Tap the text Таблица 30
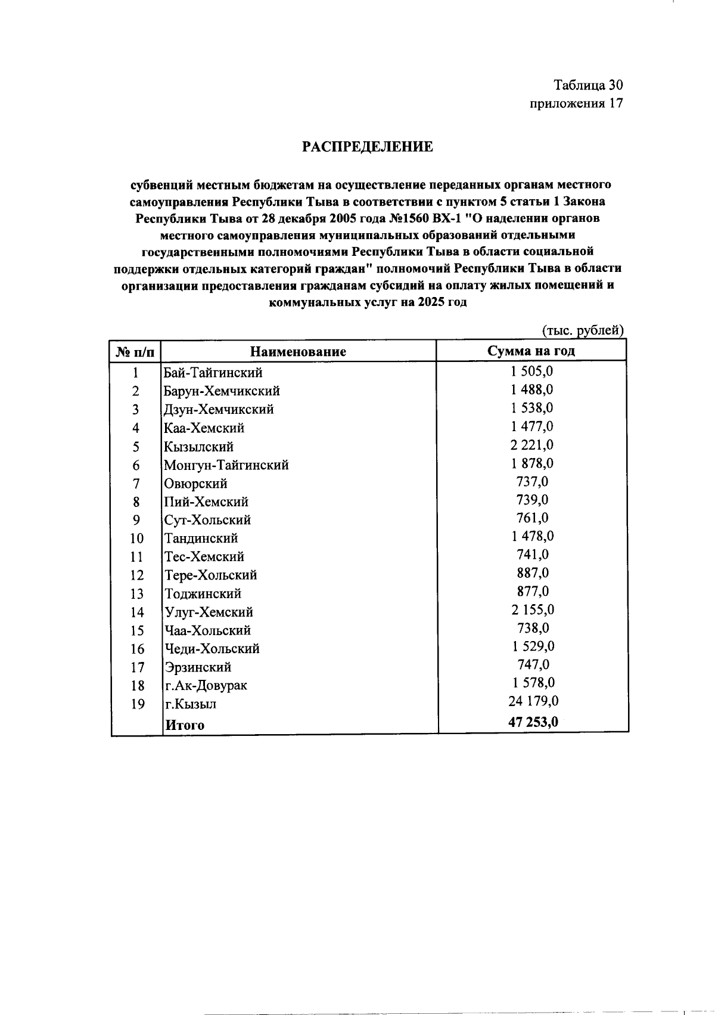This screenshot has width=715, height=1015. (588, 85)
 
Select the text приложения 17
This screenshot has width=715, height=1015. (576, 103)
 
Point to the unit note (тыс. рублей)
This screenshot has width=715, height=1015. (582, 330)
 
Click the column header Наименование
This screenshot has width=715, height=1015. (298, 351)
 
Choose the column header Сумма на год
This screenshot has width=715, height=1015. (531, 351)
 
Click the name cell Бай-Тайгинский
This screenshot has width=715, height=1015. (213, 373)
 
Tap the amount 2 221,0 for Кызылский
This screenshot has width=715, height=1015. (532, 445)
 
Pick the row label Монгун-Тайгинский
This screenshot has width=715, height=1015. (226, 465)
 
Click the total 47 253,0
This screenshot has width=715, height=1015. (533, 722)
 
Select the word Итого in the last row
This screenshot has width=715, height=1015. (185, 725)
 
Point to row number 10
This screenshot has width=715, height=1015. (136, 539)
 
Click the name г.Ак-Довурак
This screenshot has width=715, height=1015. (206, 685)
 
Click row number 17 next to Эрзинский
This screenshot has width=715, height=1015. (137, 667)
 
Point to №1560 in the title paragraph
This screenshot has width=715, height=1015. (406, 218)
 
